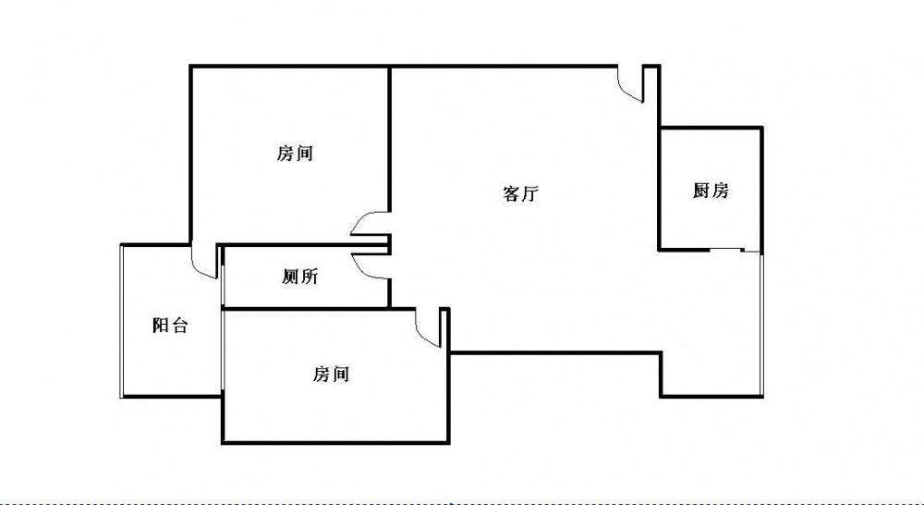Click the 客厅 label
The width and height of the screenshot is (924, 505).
click(521, 193)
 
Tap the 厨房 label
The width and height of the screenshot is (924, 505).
click(711, 191)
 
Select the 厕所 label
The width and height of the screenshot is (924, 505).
click(300, 277)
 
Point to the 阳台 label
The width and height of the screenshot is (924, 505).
click(170, 325)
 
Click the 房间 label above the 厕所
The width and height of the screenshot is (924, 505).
click(295, 154)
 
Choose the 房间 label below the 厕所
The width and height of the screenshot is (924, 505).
click(331, 374)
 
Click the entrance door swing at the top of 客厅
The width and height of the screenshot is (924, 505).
click(630, 84)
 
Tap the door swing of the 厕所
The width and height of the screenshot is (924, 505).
click(371, 265)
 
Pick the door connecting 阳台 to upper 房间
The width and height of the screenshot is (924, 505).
click(205, 262)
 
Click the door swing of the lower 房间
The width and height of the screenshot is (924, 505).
click(429, 327)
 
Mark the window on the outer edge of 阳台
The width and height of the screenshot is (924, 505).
click(122, 322)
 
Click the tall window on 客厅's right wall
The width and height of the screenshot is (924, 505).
click(761, 325)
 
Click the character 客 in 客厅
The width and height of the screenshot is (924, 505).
click(512, 193)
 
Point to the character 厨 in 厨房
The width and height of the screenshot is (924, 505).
click(701, 191)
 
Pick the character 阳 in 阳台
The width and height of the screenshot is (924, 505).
click(161, 325)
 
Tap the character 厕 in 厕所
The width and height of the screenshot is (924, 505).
click(291, 277)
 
